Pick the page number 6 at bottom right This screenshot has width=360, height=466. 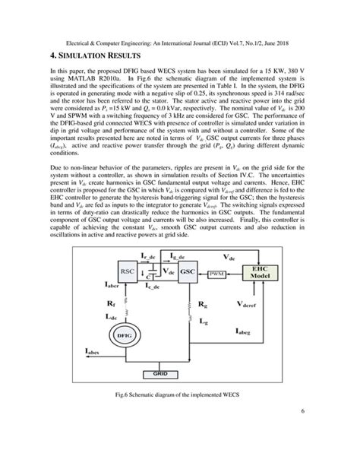pyautogui.click(x=302, y=433)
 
